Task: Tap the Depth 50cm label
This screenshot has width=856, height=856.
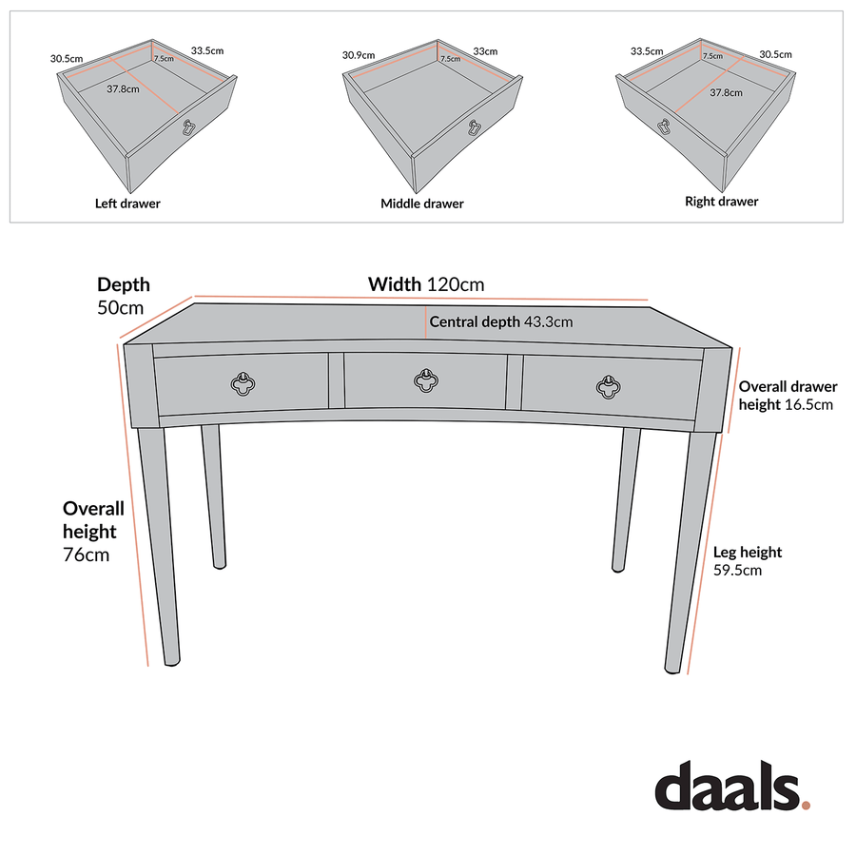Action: point(123,296)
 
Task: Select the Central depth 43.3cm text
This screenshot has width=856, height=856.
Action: point(500,322)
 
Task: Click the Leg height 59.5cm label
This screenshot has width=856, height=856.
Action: point(747,561)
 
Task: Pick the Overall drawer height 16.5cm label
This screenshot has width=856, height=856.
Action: point(788,395)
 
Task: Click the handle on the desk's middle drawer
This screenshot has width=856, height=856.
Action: point(426,381)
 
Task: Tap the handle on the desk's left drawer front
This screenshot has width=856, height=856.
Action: point(243,383)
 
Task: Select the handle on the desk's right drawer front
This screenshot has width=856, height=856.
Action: point(609,383)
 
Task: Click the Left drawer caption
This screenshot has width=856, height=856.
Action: point(127,204)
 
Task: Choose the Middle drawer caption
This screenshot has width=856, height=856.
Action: point(422,204)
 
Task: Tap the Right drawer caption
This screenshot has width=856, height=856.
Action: point(721,202)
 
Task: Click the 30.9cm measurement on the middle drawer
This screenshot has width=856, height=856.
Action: point(359,55)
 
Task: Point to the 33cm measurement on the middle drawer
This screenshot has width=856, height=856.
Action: point(485,50)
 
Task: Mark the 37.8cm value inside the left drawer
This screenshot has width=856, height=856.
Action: point(124,89)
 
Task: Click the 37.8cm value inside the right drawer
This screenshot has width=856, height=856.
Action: point(726,93)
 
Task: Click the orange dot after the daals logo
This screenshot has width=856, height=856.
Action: point(807,805)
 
